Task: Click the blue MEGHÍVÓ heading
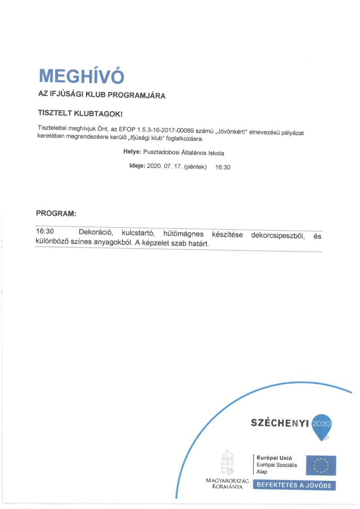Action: click(x=81, y=76)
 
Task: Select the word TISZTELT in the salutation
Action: click(x=55, y=113)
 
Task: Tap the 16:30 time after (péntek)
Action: click(x=223, y=168)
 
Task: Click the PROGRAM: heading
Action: click(x=56, y=213)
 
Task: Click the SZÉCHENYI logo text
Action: click(x=280, y=423)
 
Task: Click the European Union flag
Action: click(x=321, y=466)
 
